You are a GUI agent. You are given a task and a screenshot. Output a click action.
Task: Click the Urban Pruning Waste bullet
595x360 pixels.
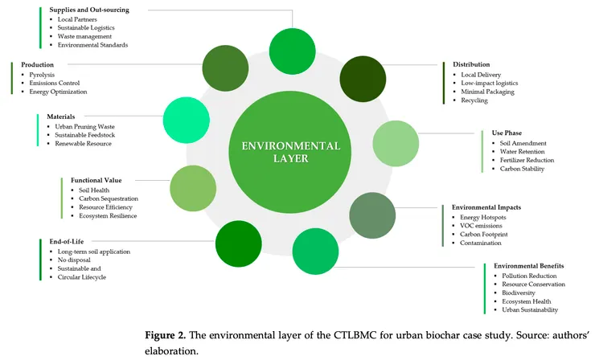pyautogui.click(x=86, y=126)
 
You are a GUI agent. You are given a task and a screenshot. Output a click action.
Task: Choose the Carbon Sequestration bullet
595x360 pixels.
pyautogui.click(x=109, y=198)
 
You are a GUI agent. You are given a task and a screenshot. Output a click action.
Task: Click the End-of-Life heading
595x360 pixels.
pyautogui.click(x=65, y=241)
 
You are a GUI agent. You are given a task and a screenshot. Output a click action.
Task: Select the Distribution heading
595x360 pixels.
pyautogui.click(x=470, y=64)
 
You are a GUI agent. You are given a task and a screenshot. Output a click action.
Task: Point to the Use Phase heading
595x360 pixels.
pyautogui.click(x=508, y=133)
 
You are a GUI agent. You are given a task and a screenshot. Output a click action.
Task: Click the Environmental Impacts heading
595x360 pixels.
pyautogui.click(x=486, y=207)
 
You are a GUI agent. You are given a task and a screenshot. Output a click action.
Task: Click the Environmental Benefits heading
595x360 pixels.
pyautogui.click(x=528, y=265)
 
